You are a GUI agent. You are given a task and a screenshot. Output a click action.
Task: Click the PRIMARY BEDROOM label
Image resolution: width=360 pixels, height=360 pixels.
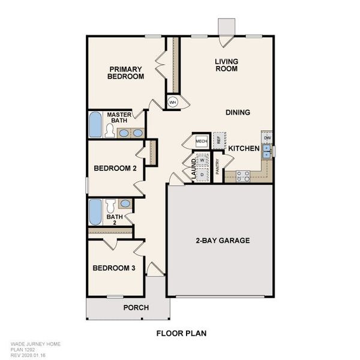coord(125,73)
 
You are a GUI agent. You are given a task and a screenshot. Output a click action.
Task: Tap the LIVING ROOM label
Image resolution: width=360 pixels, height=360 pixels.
coord(226,65)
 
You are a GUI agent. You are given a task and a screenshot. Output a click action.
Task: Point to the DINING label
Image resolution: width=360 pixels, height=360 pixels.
coord(238,112)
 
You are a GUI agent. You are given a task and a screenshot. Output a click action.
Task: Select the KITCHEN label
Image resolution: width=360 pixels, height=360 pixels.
coord(244,148)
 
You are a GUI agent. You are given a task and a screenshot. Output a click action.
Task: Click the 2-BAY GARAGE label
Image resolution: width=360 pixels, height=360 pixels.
coord(222,241)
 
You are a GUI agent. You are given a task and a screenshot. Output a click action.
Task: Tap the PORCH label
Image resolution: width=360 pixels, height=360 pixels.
coord(136,308)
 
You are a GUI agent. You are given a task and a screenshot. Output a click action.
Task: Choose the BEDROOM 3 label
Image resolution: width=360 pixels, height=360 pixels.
coord(113,268)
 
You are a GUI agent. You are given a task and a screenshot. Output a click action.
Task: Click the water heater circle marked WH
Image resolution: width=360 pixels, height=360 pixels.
coord(173,103)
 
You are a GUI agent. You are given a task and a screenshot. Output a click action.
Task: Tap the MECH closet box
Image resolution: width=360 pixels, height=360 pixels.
coord(201,141)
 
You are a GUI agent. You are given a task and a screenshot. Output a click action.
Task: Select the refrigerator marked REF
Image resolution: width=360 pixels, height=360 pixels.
coord(219,140)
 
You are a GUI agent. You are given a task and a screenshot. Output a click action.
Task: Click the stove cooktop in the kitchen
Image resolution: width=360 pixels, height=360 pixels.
coord(243,176)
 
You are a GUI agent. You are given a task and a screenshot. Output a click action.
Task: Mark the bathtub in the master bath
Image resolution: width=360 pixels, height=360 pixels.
coord(95,125)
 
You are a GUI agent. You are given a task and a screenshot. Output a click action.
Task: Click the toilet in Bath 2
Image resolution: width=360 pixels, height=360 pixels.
coord(110,204)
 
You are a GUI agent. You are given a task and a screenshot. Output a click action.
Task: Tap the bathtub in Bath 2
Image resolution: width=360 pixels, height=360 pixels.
coord(95,212)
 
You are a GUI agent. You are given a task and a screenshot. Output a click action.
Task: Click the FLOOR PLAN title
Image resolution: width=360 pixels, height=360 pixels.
coord(182,332)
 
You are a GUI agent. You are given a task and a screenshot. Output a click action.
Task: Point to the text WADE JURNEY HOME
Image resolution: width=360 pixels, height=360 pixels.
coord(35,344)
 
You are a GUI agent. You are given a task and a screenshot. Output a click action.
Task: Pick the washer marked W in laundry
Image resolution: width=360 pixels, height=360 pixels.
coord(202,160)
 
